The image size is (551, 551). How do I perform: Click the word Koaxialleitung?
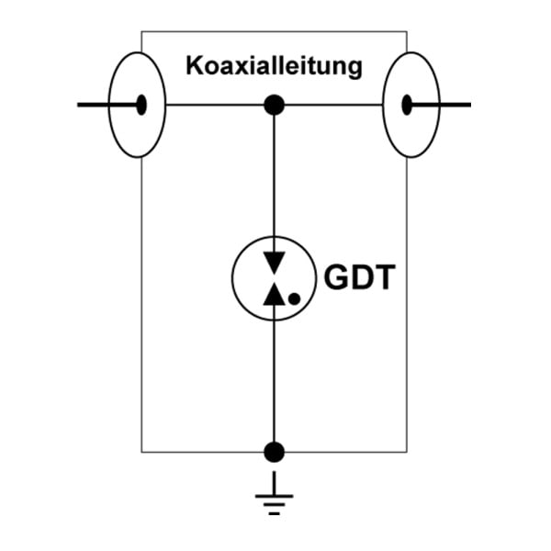click(x=274, y=66)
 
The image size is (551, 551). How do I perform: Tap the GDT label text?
click(x=359, y=277)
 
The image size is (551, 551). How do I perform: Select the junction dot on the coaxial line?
click(x=274, y=105)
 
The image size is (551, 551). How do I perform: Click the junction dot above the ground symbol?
click(x=274, y=452)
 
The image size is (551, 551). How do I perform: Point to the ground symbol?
click(x=274, y=493)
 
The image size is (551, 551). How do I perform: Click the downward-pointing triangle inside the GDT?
click(x=274, y=263)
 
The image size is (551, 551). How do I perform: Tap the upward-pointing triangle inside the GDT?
click(x=274, y=294)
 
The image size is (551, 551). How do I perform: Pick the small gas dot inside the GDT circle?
click(x=294, y=298)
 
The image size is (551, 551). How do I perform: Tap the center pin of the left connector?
click(x=141, y=105)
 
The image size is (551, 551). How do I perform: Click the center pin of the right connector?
click(x=407, y=105)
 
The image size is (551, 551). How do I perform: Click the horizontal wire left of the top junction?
click(x=215, y=105)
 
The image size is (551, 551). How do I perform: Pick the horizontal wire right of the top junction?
click(x=333, y=105)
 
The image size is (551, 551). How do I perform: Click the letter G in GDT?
click(x=335, y=277)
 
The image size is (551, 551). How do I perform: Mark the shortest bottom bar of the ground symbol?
click(x=274, y=513)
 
